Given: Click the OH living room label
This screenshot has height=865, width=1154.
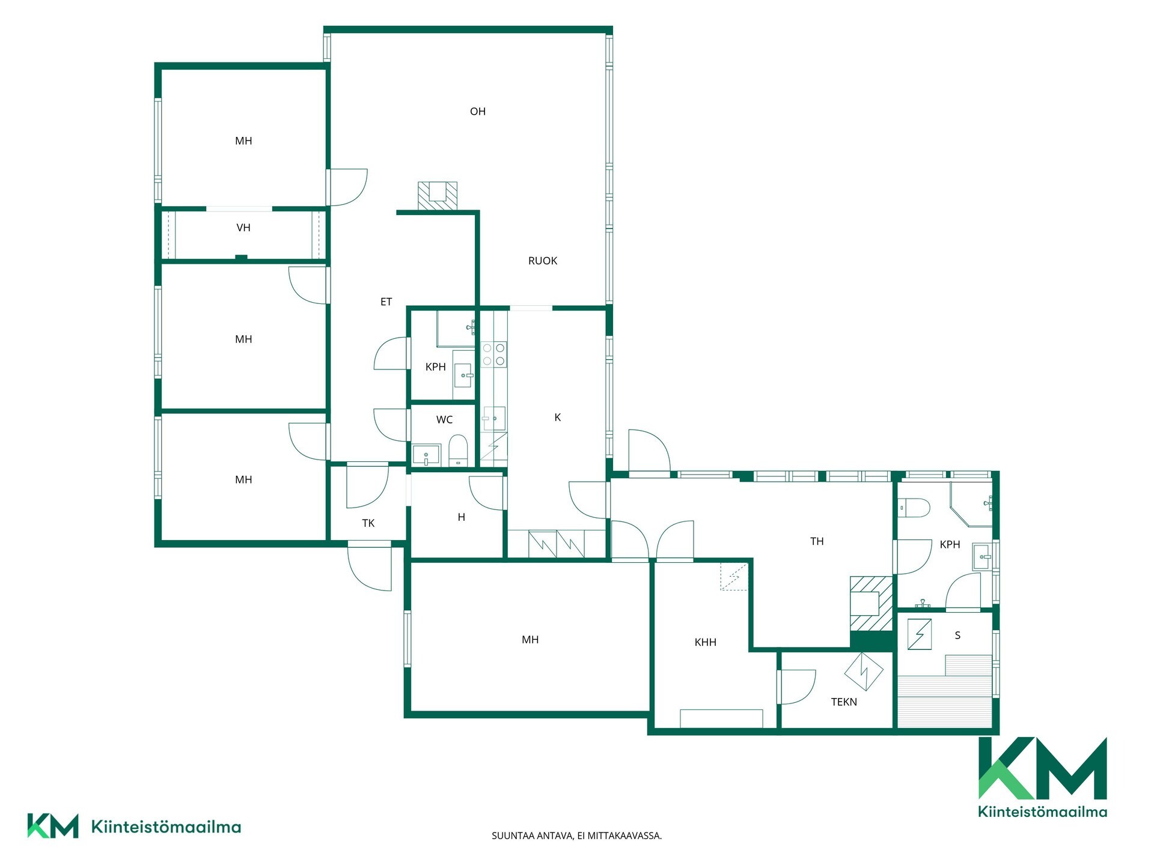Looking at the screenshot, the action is click(478, 111).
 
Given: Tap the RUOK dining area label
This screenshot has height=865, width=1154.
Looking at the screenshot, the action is click(543, 261).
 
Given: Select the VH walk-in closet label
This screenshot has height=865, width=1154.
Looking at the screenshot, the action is click(243, 228).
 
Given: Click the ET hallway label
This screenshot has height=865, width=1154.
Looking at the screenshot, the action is click(386, 302).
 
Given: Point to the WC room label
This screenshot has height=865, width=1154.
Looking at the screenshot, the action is click(444, 420).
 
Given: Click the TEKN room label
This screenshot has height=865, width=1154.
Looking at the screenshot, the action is click(844, 702).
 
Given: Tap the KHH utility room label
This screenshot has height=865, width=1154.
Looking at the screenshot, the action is click(706, 642).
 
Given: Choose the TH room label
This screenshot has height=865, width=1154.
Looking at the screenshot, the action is click(817, 541).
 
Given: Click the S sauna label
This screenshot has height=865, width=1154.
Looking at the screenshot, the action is click(957, 635).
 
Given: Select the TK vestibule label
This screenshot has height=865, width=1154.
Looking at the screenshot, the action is click(368, 523).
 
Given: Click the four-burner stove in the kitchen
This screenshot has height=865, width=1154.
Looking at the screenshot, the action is click(493, 354).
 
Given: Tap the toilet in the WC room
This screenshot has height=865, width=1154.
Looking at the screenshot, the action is click(458, 450).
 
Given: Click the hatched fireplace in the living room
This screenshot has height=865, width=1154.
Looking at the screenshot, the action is click(438, 196).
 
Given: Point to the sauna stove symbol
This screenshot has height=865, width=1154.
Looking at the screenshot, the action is click(920, 634).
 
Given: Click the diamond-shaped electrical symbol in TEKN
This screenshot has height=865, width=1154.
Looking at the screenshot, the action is click(864, 671).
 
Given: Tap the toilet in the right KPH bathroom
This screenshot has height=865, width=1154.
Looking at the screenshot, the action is click(914, 508).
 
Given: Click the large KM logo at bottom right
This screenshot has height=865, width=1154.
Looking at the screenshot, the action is click(1043, 777).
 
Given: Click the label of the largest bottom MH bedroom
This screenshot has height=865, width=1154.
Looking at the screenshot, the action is click(530, 640).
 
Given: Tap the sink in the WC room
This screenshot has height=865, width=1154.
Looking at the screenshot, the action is click(426, 455).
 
